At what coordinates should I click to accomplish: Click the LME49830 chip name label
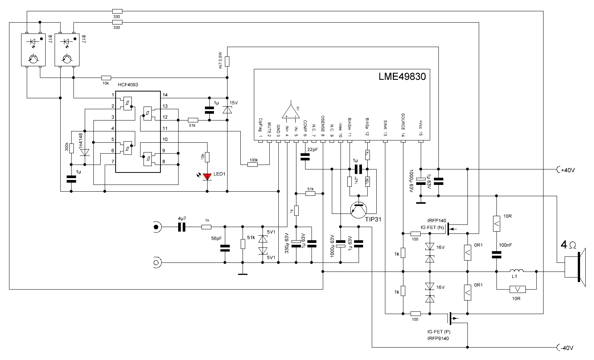(x=402, y=76)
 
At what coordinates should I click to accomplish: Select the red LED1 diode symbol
(x=207, y=176)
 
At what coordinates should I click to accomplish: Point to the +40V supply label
(x=568, y=170)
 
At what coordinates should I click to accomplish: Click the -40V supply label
(x=567, y=348)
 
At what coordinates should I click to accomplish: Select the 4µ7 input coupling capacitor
(x=182, y=227)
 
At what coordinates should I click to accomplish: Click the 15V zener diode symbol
(x=227, y=110)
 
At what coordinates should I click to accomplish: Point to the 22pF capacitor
(x=304, y=157)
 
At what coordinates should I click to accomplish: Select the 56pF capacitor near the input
(x=225, y=248)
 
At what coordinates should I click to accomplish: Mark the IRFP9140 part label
(x=438, y=339)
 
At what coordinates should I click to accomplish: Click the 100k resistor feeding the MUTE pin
(x=253, y=165)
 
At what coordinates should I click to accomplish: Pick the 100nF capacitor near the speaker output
(x=496, y=256)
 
